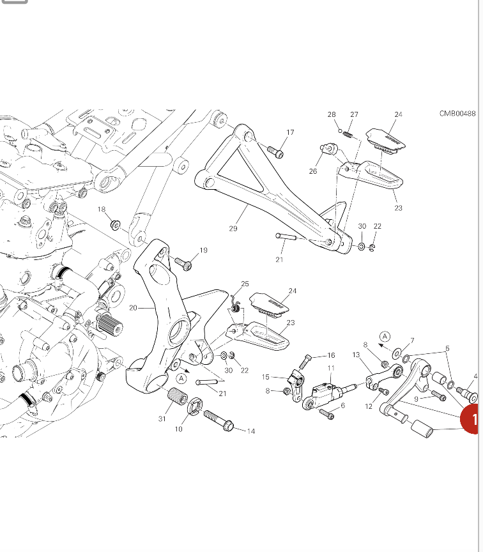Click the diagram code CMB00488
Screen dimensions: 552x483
pyautogui.click(x=457, y=114)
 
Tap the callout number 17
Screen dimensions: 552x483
pyautogui.click(x=290, y=133)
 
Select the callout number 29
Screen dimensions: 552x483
pyautogui.click(x=233, y=228)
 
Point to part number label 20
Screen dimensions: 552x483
pyautogui.click(x=133, y=308)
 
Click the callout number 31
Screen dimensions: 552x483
pyautogui.click(x=162, y=418)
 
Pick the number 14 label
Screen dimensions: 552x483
pyautogui.click(x=250, y=431)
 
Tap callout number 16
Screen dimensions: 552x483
pyautogui.click(x=330, y=355)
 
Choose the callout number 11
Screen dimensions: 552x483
pyautogui.click(x=331, y=368)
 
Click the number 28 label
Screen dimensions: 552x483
pyautogui.click(x=332, y=115)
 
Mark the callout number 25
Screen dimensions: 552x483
pyautogui.click(x=245, y=284)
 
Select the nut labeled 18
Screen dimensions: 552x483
pyautogui.click(x=116, y=225)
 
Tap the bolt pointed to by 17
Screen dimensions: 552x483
pyautogui.click(x=275, y=153)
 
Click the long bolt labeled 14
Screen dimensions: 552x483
pyautogui.click(x=218, y=420)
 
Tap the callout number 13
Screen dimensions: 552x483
pyautogui.click(x=355, y=355)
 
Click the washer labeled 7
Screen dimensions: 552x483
pyautogui.click(x=397, y=352)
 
